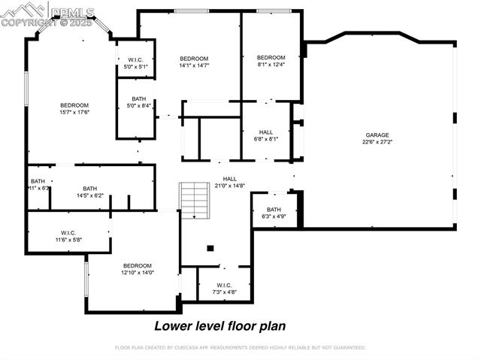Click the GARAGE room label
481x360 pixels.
[x=377, y=135]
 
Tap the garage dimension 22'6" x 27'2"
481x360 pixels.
[x=377, y=142]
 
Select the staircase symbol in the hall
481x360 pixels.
[x=194, y=201]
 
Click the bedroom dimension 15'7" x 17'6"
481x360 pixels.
[x=74, y=112]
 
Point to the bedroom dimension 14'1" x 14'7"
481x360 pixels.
[x=194, y=65]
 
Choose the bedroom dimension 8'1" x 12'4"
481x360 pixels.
[x=271, y=65]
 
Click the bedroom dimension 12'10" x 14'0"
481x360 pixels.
[x=138, y=273]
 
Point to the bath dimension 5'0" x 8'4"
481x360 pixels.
[x=138, y=105]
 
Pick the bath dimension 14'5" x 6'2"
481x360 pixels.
[x=90, y=195]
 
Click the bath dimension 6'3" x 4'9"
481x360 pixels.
[x=274, y=216]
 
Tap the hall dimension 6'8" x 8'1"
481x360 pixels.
[x=266, y=138]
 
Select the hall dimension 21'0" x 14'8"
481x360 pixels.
[x=230, y=186]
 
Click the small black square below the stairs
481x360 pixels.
[x=210, y=248]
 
